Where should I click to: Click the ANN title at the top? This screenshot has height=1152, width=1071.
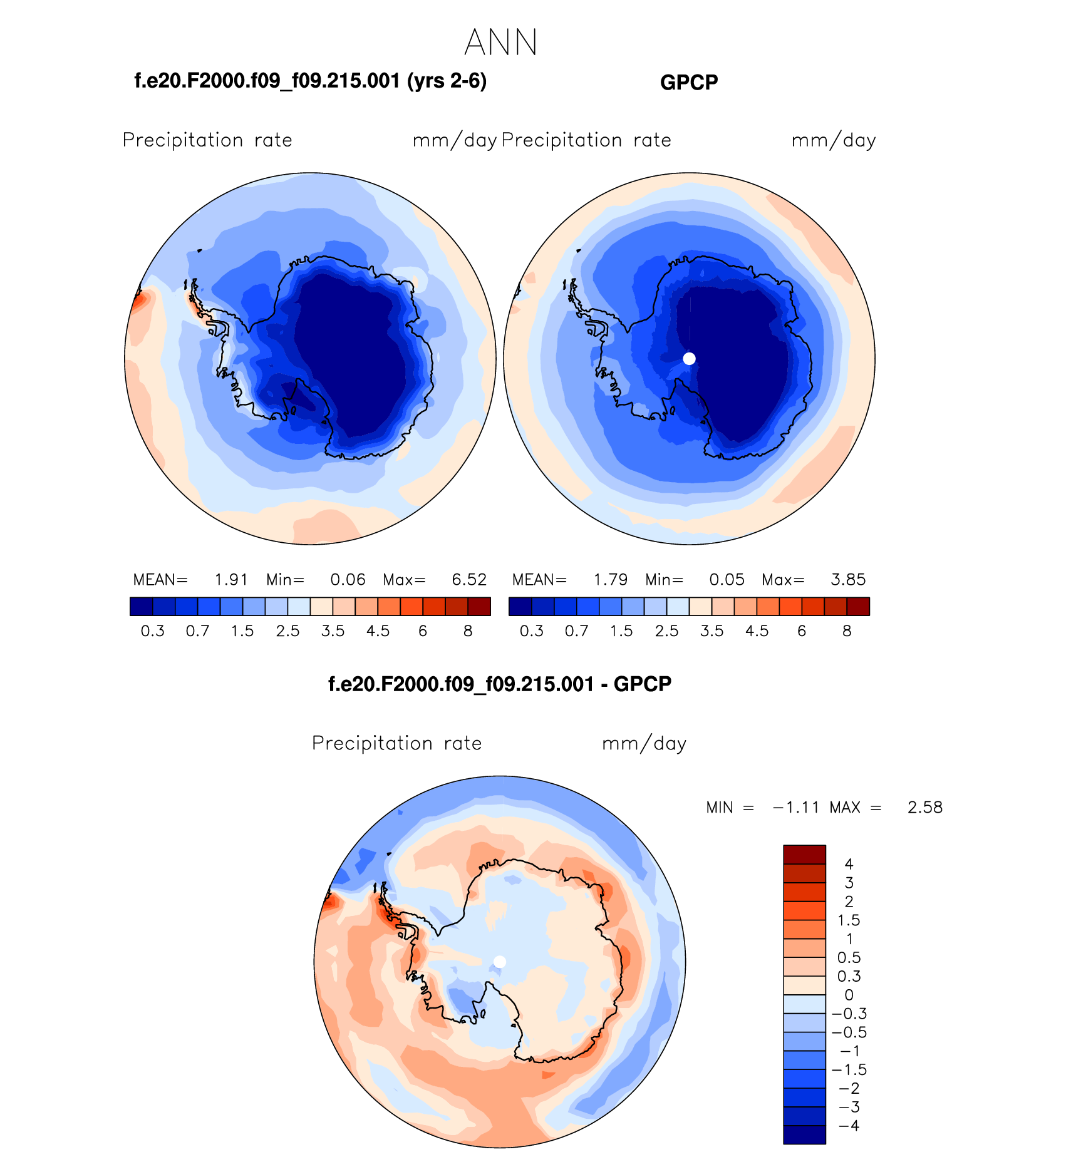501,43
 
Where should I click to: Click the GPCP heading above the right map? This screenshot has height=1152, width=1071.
689,82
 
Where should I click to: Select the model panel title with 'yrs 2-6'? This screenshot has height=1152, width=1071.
311,81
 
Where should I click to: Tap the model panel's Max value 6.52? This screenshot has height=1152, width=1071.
469,580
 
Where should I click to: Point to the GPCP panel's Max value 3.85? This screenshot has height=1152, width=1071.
848,580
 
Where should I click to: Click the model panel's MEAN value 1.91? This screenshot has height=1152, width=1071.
231,580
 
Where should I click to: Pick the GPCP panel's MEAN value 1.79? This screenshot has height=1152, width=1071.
611,580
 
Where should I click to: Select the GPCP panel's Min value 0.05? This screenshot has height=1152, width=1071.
727,580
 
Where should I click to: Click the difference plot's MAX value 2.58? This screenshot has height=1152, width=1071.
924,808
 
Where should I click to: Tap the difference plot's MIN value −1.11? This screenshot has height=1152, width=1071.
796,808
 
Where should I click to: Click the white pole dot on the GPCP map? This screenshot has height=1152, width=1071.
689,359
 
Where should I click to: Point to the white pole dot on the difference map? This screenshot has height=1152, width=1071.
500,962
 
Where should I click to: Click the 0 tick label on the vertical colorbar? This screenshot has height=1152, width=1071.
849,995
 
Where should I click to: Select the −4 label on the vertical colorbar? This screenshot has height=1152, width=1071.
849,1126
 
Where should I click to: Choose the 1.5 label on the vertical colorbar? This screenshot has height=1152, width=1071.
849,920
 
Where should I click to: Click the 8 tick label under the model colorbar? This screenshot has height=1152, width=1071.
468,631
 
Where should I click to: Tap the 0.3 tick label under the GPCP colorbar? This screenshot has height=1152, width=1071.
531,631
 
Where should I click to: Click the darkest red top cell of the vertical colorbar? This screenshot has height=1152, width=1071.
804,854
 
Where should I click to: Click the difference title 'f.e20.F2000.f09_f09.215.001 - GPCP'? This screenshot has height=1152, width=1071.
500,684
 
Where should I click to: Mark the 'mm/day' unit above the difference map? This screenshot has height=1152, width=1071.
644,744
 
